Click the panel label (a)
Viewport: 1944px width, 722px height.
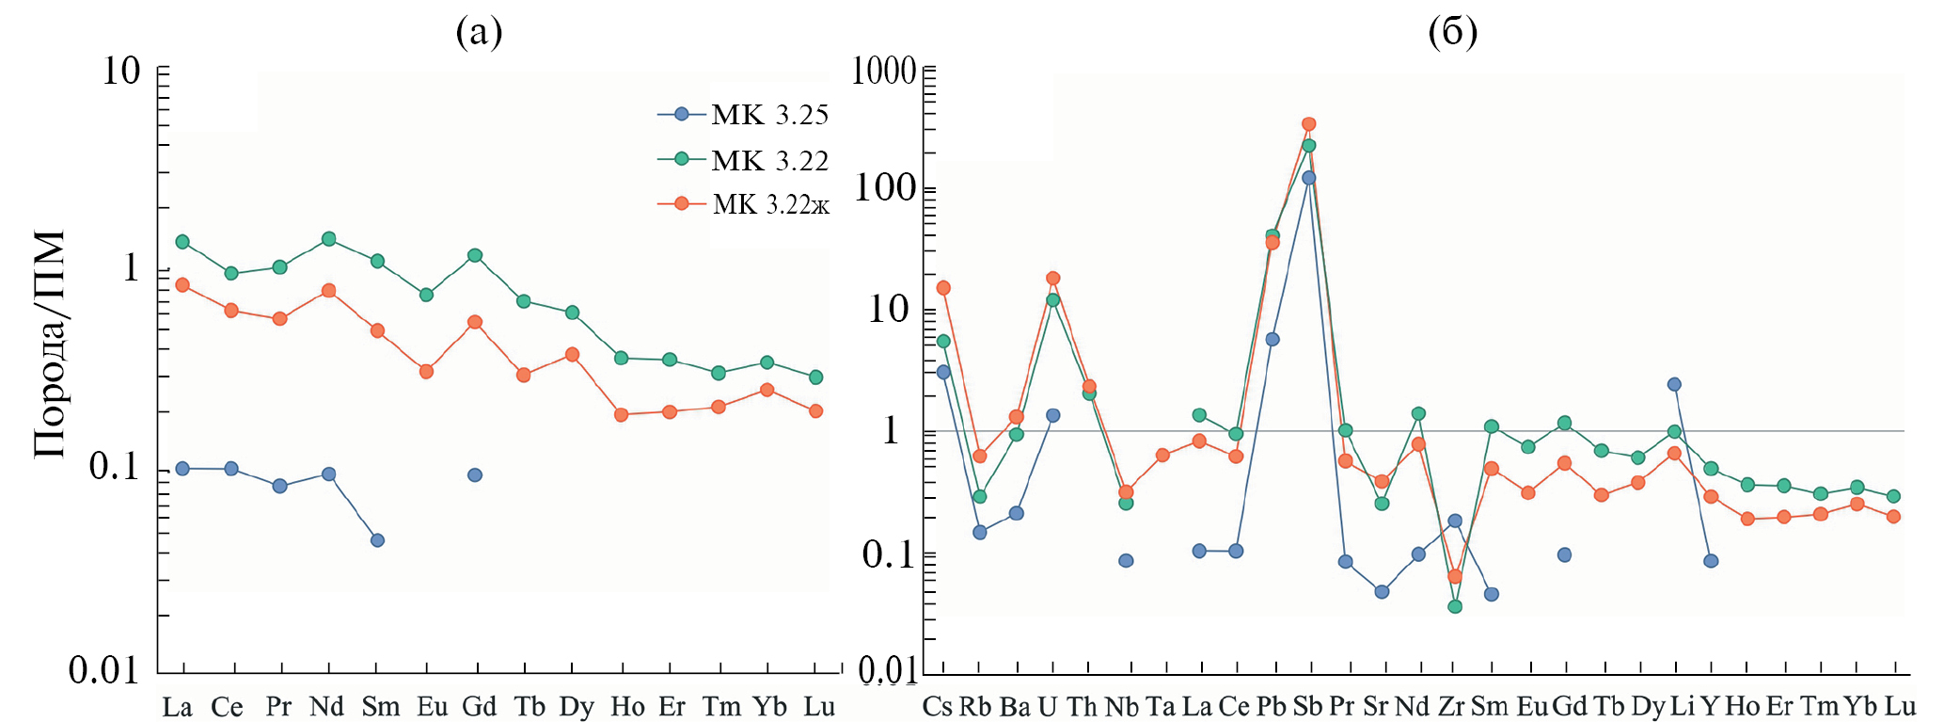tap(479, 32)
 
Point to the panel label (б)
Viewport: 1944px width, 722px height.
tap(1453, 32)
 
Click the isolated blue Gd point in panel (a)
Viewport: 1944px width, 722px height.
tap(475, 475)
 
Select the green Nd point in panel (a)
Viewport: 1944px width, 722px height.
tap(329, 239)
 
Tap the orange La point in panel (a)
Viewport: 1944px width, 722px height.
tap(182, 284)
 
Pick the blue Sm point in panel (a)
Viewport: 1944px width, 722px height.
tap(377, 540)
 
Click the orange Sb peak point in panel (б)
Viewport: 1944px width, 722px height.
tap(1309, 124)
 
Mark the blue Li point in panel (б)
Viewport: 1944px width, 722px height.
tap(1674, 384)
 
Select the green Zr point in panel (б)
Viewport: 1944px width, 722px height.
tap(1455, 606)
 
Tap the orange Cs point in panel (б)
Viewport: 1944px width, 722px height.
tap(943, 288)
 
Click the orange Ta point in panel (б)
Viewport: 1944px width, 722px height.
tap(1162, 456)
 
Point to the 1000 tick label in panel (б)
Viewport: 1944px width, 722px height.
tap(883, 71)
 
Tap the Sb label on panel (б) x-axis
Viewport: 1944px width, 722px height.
tap(1307, 707)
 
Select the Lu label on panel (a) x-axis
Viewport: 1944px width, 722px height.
tap(819, 707)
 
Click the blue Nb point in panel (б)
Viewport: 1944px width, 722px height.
tap(1126, 561)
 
